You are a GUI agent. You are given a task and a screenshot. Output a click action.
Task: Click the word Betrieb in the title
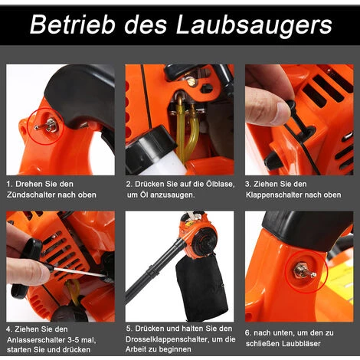click(x=72, y=25)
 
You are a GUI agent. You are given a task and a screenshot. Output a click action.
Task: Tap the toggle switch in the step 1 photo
click(x=46, y=126)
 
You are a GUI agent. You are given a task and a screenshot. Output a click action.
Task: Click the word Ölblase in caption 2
click(x=220, y=184)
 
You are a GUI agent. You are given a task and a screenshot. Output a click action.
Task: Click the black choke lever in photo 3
click(x=297, y=116)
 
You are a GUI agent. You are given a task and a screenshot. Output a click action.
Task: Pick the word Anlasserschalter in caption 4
click(x=36, y=340)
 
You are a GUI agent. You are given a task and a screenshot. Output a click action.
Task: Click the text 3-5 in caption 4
click(x=75, y=340)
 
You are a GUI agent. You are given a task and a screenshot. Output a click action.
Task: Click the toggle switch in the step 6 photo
click(x=306, y=272)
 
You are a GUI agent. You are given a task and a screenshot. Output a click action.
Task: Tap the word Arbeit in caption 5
click(x=136, y=349)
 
